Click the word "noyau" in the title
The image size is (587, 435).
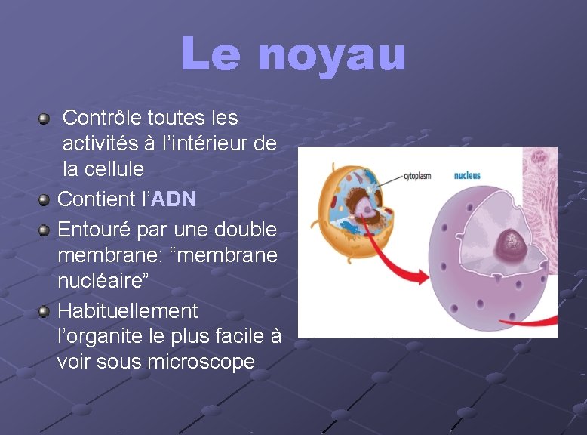click(x=332, y=55)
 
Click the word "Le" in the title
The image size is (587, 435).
click(x=212, y=55)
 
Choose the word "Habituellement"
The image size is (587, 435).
click(x=128, y=310)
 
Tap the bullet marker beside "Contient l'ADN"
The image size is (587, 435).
click(x=45, y=200)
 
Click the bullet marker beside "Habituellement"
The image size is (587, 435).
click(x=45, y=311)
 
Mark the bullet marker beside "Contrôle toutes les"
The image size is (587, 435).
click(x=45, y=119)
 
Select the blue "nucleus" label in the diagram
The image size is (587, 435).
click(x=467, y=176)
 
